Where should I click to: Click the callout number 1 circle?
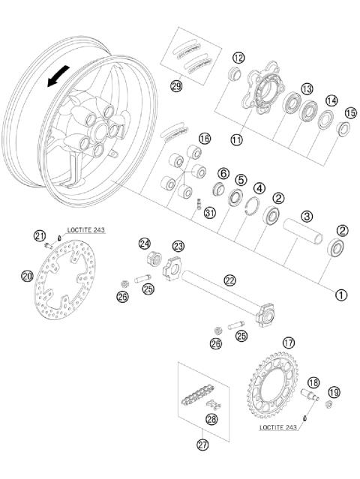(340, 295)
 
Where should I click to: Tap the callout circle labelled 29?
(176, 86)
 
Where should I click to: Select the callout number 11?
(238, 139)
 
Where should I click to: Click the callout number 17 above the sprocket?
(289, 343)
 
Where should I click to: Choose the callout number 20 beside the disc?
(27, 276)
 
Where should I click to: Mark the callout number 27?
(202, 445)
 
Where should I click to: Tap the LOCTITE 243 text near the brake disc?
(82, 229)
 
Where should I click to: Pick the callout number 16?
(204, 139)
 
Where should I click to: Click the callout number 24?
(144, 244)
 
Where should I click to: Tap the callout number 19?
(334, 391)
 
